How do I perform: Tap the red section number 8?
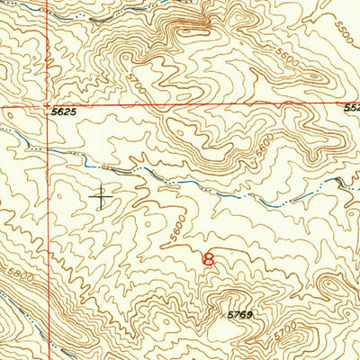pos(210,259)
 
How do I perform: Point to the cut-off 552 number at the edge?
pos(351,107)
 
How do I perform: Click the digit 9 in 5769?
pos(249,314)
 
